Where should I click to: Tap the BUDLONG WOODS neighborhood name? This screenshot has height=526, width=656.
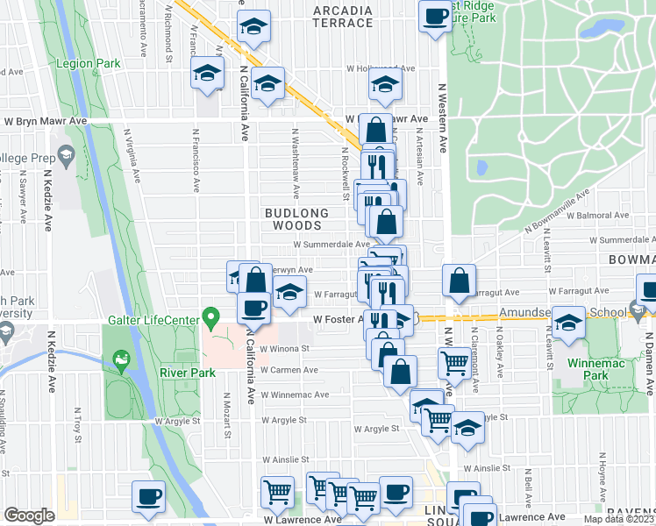pyautogui.click(x=297, y=219)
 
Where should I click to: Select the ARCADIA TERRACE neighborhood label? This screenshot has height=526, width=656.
pyautogui.click(x=343, y=17)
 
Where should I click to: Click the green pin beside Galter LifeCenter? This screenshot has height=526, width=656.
pyautogui.click(x=210, y=315)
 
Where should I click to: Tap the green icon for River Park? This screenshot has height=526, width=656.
pyautogui.click(x=120, y=359)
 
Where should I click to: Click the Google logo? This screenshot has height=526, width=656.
pyautogui.click(x=30, y=515)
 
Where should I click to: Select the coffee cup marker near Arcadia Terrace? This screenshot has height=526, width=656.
pyautogui.click(x=433, y=17)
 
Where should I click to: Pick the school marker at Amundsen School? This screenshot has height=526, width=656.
pyautogui.click(x=569, y=323)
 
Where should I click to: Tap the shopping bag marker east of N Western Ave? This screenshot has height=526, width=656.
pyautogui.click(x=460, y=281)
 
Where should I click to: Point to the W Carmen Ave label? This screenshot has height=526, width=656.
pyautogui.click(x=288, y=370)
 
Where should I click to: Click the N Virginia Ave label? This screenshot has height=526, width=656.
pyautogui.click(x=132, y=155)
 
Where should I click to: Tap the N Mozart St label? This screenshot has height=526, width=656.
pyautogui.click(x=228, y=416)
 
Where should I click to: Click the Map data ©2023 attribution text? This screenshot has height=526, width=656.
pyautogui.click(x=618, y=519)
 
